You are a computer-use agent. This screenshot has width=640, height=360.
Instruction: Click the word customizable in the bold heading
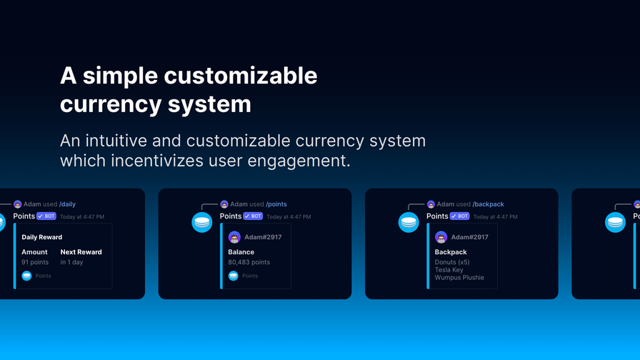241,76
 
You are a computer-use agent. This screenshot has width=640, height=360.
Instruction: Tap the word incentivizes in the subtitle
157,161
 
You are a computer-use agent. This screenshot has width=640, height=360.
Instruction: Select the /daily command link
67,204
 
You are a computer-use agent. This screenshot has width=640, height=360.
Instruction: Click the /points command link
276,204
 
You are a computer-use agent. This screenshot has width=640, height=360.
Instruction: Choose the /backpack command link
488,204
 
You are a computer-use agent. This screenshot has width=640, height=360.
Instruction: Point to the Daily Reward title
42,237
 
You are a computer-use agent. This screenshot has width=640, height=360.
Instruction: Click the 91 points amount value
35,262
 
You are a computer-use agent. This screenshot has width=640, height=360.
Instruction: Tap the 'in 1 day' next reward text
72,262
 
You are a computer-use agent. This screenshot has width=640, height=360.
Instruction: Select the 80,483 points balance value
249,262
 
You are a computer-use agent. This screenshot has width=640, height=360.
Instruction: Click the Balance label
241,252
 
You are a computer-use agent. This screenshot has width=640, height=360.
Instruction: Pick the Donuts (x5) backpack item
452,262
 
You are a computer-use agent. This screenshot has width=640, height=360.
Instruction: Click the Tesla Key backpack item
449,270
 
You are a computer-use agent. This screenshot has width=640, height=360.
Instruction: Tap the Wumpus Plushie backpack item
459,278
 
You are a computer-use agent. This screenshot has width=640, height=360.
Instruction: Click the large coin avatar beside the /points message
202,222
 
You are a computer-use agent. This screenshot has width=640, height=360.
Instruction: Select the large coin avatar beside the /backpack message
409,222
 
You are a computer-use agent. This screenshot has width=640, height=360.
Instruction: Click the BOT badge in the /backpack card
459,216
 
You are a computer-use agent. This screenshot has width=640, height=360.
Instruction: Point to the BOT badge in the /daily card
46,216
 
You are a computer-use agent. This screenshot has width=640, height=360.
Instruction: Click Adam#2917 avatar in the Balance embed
234,237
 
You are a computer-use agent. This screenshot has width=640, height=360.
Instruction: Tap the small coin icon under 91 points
26,276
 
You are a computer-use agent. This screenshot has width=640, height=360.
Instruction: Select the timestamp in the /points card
289,216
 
